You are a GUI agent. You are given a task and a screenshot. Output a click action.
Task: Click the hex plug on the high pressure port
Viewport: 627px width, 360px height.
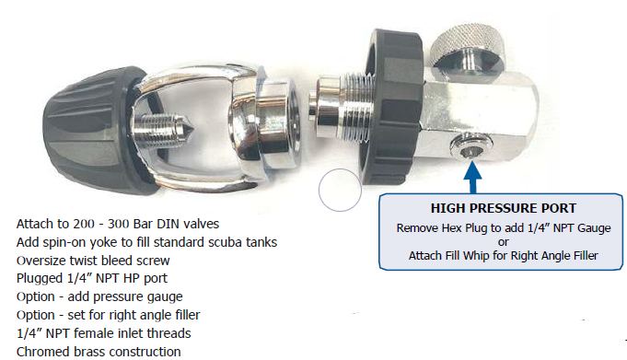(x=471, y=146)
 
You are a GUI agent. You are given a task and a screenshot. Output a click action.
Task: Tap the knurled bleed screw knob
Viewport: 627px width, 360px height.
(x=470, y=45)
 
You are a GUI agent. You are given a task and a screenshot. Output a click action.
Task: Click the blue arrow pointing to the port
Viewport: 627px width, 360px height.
(x=472, y=177)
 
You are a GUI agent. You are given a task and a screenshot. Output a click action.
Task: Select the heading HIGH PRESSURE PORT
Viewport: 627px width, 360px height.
(x=504, y=208)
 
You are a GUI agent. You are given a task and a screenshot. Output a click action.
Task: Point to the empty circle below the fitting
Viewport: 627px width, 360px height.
(x=340, y=190)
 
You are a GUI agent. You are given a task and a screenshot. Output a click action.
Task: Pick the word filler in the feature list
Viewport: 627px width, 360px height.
(x=185, y=315)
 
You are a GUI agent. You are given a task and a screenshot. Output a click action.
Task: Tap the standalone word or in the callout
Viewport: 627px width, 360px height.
(x=504, y=242)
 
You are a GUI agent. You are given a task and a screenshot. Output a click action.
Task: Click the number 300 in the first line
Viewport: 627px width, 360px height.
(x=119, y=224)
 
